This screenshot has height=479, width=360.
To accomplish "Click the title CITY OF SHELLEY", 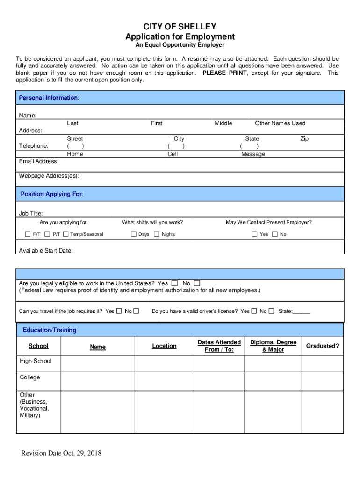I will tap(180, 27).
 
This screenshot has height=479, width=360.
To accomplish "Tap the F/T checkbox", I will tap(28, 234).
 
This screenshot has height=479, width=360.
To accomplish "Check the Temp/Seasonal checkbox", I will tap(66, 234).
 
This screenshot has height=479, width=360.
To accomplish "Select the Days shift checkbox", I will tap(134, 234).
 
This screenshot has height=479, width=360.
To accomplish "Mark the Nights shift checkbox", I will tap(157, 234).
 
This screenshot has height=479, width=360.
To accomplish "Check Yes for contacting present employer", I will tap(255, 234).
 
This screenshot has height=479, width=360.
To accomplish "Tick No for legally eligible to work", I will tap(197, 283).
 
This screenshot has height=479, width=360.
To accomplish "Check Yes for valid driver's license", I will tap(254, 311).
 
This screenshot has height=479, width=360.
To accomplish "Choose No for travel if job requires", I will tap(136, 311).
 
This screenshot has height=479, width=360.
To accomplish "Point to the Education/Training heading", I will tap(50, 330).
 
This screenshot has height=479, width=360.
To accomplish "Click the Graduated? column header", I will tap(323, 346).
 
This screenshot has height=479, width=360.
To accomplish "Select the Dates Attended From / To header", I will tap(219, 346).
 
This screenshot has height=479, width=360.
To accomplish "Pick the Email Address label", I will tap(39, 161).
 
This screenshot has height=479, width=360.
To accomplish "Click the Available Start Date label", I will tap(46, 251).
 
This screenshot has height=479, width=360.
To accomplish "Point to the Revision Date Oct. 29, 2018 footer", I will tap(61, 453).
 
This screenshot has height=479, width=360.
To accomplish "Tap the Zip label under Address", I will tap(304, 139).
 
